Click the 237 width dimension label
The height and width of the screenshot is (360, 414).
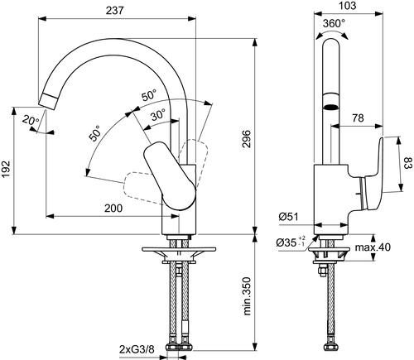click(x=114, y=10)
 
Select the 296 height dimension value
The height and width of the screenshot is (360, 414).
click(x=247, y=139)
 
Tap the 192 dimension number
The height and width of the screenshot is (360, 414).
click(x=6, y=169)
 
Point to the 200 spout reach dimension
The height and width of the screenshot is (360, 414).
click(x=113, y=208)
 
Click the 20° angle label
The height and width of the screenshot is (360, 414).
click(x=31, y=120)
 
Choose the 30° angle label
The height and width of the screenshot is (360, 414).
click(x=158, y=114)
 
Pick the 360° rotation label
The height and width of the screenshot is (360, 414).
click(x=334, y=23)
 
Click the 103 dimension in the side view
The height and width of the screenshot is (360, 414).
click(x=347, y=6)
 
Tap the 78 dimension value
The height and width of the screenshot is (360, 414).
click(x=358, y=118)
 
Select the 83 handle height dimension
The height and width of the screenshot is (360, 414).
click(x=409, y=163)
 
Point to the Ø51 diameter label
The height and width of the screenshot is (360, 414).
click(x=288, y=217)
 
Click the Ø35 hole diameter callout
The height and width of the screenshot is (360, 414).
click(x=291, y=242)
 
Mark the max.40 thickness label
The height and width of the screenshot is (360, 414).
click(x=373, y=247)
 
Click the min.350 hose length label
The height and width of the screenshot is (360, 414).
click(x=247, y=296)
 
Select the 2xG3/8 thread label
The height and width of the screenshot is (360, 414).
click(x=137, y=349)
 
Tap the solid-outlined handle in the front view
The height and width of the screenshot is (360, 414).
click(x=170, y=176)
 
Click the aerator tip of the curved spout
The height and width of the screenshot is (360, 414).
click(x=48, y=101)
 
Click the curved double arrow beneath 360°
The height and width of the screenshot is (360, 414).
click(x=332, y=34)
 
